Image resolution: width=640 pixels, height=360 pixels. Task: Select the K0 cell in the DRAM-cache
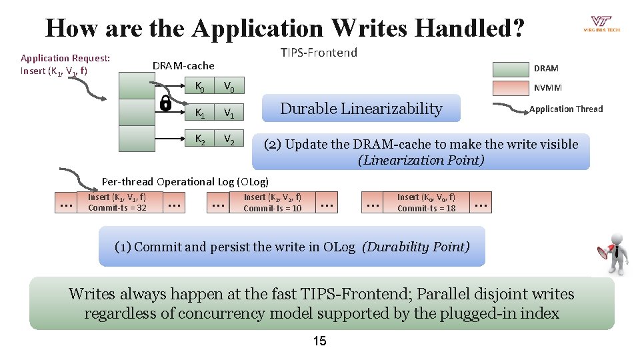pyautogui.click(x=199, y=86)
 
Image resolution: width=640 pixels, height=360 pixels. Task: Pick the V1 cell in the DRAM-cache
pyautogui.click(x=229, y=113)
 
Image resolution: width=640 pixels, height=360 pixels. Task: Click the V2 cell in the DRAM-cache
pyautogui.click(x=229, y=139)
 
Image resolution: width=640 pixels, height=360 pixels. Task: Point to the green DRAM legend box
pyautogui.click(x=509, y=68)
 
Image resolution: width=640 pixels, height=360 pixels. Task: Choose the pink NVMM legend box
pyautogui.click(x=509, y=87)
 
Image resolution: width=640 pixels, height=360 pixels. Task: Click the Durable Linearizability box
pyautogui.click(x=361, y=109)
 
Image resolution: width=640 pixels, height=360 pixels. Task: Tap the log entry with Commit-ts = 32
pyautogui.click(x=117, y=202)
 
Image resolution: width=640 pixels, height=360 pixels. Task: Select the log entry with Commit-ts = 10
pyautogui.click(x=273, y=202)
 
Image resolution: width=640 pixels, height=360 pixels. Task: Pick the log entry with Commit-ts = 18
pyautogui.click(x=427, y=202)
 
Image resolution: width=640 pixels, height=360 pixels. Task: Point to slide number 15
pyautogui.click(x=319, y=341)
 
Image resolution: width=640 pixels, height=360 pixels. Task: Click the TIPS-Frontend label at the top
pyautogui.click(x=319, y=52)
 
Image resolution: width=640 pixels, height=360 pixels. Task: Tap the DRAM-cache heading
pyautogui.click(x=184, y=65)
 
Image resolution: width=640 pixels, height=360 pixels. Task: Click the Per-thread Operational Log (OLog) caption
pyautogui.click(x=185, y=181)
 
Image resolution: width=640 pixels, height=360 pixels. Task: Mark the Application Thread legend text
pyautogui.click(x=566, y=109)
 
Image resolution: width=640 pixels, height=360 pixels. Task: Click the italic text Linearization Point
pyautogui.click(x=421, y=160)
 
